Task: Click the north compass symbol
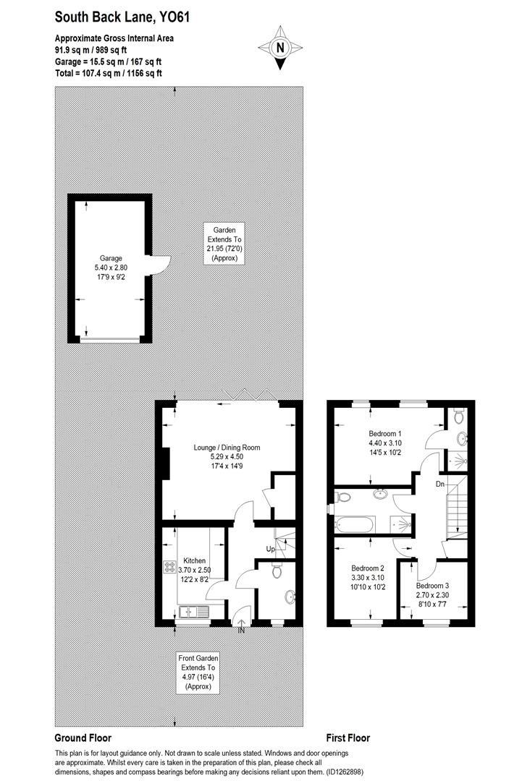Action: (x=279, y=48)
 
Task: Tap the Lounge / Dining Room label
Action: (x=227, y=457)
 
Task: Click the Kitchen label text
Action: (x=195, y=570)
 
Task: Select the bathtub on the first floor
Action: (x=353, y=523)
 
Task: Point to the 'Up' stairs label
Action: (x=272, y=550)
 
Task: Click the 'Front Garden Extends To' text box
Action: (x=198, y=673)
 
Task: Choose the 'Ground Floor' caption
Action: (x=83, y=738)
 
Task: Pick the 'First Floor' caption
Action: (x=348, y=738)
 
